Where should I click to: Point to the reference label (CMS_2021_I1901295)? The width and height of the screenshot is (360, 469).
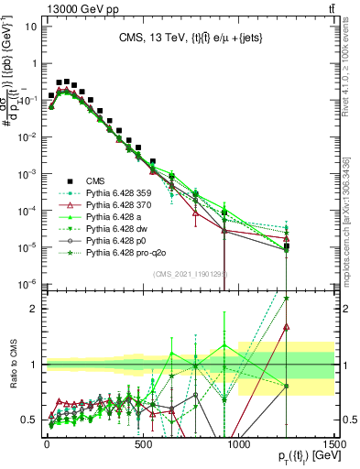[x=191, y=274]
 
